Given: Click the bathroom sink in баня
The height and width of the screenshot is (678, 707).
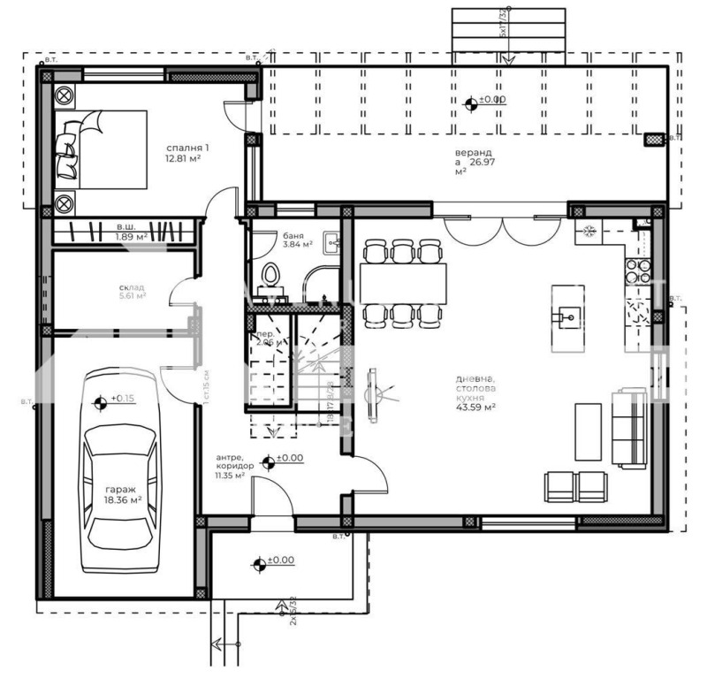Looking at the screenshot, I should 333,242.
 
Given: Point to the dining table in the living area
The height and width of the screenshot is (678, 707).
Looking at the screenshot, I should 403,283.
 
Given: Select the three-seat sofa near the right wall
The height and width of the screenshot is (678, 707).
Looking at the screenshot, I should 632,428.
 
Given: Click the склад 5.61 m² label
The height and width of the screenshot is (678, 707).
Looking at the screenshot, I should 131,292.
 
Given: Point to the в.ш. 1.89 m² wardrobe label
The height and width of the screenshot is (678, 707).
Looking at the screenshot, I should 131,232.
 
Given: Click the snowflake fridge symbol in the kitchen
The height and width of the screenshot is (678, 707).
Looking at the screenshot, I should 585,233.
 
